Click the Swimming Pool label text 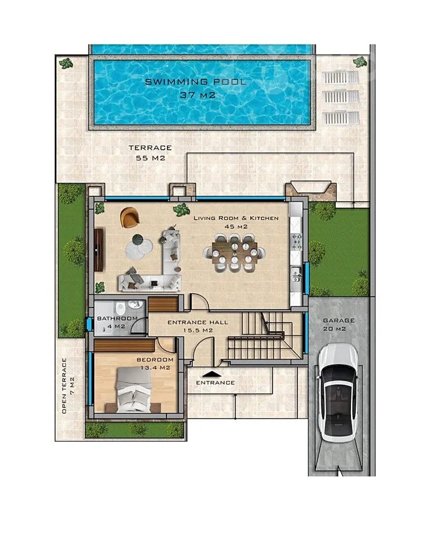195,82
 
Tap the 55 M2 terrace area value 151,158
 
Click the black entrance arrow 213,374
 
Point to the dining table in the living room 234,253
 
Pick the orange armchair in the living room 130,217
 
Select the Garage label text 339,320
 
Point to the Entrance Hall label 198,322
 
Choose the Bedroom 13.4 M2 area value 156,368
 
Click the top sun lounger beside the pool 341,78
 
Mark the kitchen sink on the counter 296,275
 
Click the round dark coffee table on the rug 137,239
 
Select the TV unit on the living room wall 98,250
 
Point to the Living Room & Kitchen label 236,218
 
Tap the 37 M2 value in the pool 198,95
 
